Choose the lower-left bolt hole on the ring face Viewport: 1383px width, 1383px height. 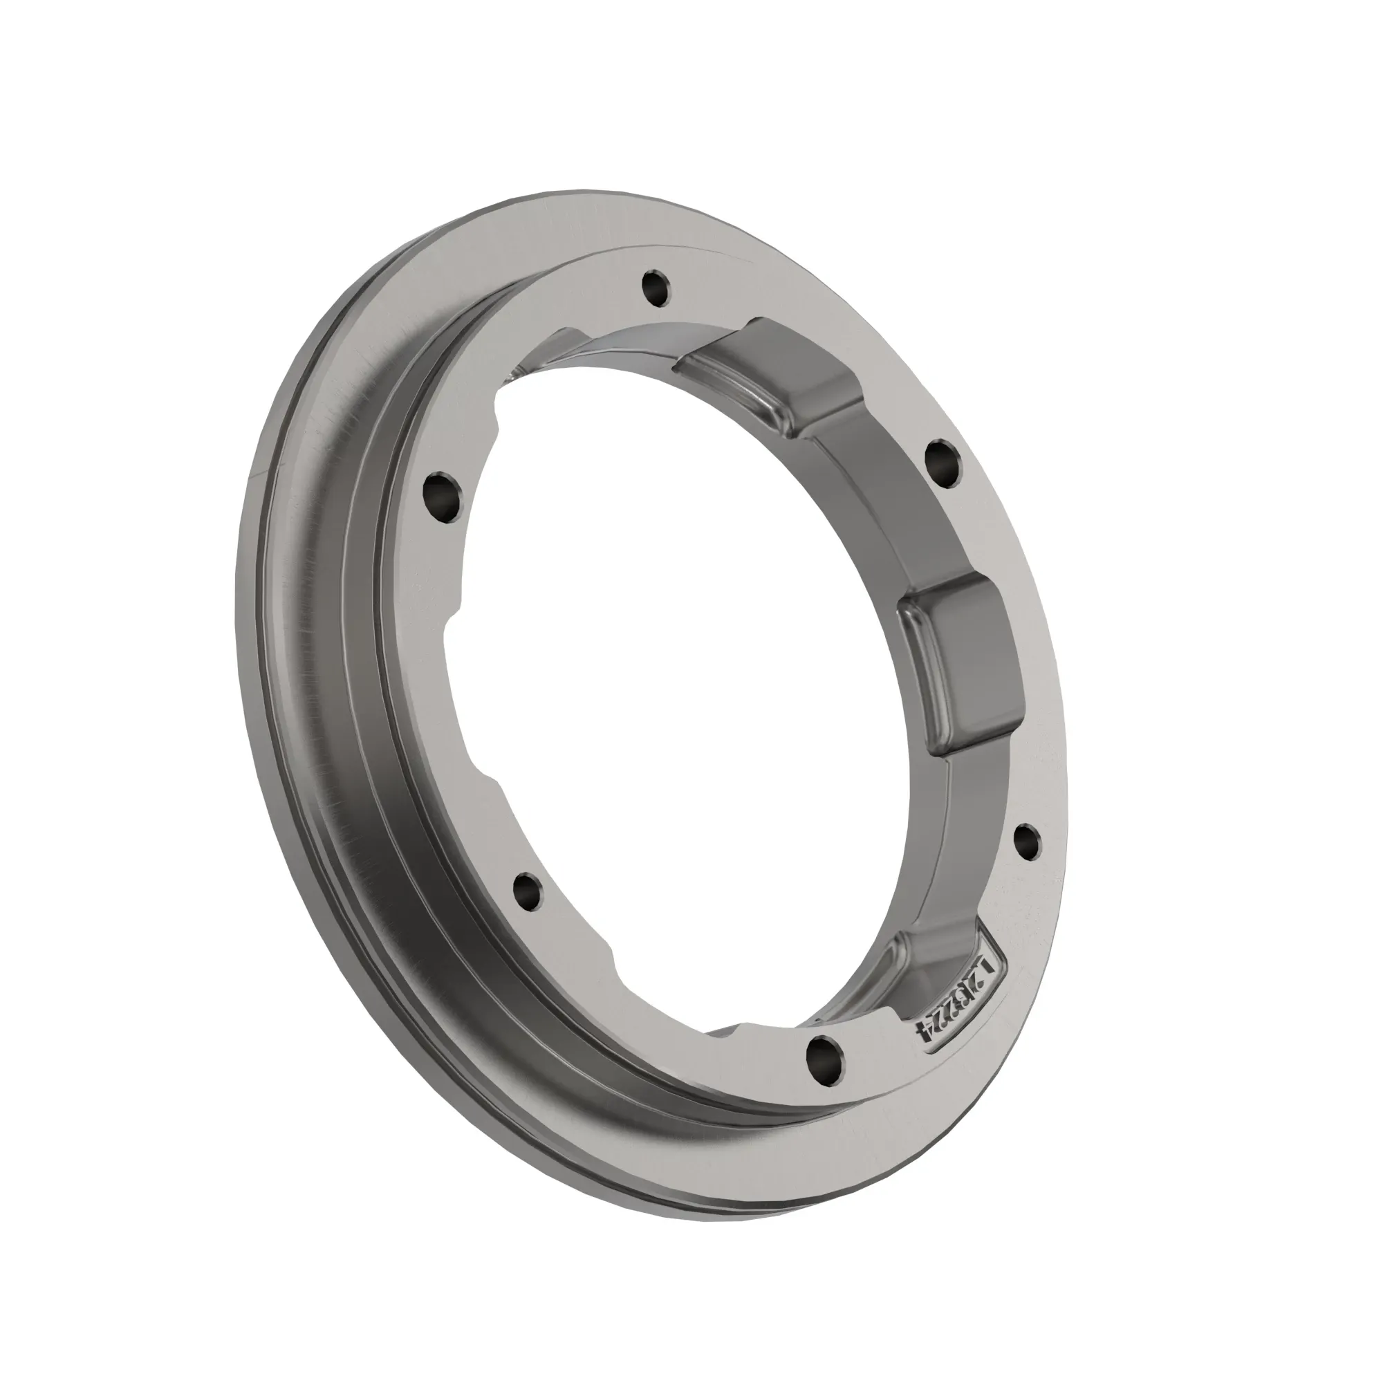528,891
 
